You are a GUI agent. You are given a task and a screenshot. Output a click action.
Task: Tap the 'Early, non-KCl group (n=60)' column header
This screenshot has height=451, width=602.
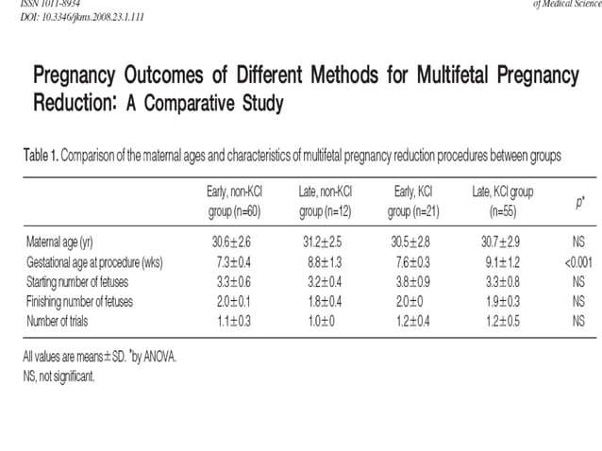pyautogui.click(x=235, y=201)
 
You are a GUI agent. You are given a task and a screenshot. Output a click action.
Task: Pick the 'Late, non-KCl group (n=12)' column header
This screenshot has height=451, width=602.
pyautogui.click(x=326, y=201)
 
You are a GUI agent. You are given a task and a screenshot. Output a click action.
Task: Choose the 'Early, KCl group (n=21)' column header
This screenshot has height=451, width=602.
pyautogui.click(x=412, y=201)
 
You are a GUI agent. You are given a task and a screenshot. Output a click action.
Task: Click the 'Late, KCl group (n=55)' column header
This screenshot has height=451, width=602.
pyautogui.click(x=503, y=201)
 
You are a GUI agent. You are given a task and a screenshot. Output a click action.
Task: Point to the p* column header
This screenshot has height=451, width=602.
pyautogui.click(x=578, y=202)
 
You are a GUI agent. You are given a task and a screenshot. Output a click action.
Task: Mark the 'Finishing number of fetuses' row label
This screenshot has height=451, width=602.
pyautogui.click(x=79, y=301)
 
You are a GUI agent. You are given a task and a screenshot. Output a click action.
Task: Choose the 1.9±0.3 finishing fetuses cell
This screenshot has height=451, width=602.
pyautogui.click(x=503, y=301)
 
